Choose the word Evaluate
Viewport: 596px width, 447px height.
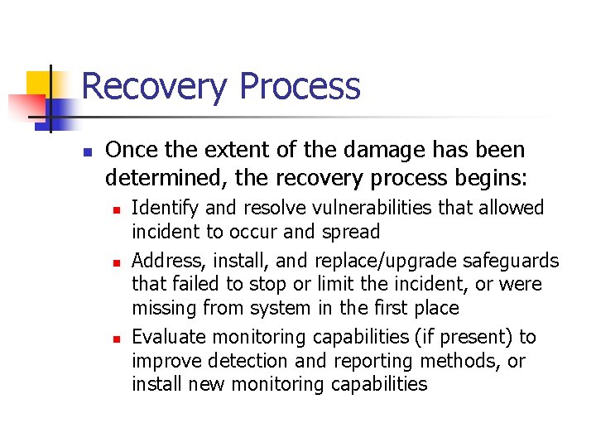[169, 337]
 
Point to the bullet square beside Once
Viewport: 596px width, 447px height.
[85, 151]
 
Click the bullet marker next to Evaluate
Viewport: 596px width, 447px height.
[117, 339]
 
